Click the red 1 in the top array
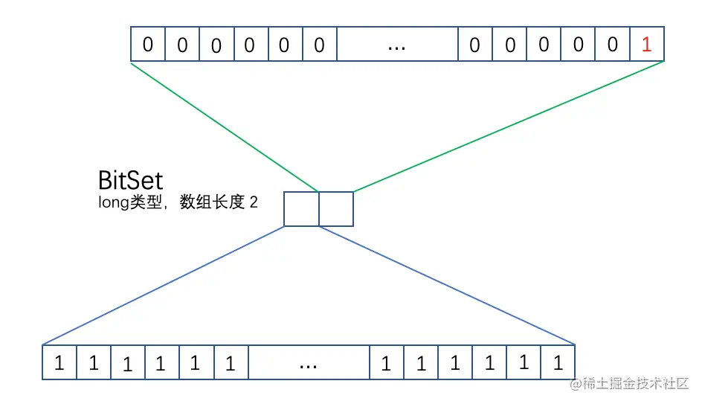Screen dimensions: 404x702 pyautogui.click(x=646, y=45)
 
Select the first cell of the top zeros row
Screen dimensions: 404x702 pyautogui.click(x=147, y=45)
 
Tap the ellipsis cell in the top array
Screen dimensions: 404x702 pyautogui.click(x=397, y=45)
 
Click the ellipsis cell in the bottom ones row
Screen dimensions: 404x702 pyautogui.click(x=309, y=363)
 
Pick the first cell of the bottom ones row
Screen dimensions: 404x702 pyautogui.click(x=59, y=363)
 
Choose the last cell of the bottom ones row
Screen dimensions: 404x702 pyautogui.click(x=558, y=363)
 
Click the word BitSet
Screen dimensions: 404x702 pyautogui.click(x=130, y=181)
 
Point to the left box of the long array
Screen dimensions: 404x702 pyautogui.click(x=301, y=209)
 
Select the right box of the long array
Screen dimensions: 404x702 pyautogui.click(x=336, y=209)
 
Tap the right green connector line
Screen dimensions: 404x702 pyautogui.click(x=506, y=126)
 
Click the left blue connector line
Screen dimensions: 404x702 pyautogui.click(x=164, y=286)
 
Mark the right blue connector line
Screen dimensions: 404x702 pyautogui.click(x=446, y=286)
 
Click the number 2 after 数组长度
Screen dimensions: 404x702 pyautogui.click(x=254, y=202)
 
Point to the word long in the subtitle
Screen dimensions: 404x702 pyautogui.click(x=114, y=202)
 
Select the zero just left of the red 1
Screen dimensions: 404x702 pyautogui.click(x=612, y=45)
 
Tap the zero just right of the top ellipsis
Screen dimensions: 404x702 pyautogui.click(x=474, y=45)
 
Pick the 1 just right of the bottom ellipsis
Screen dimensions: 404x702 pyautogui.click(x=386, y=363)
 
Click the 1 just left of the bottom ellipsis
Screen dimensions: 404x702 pyautogui.click(x=231, y=363)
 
